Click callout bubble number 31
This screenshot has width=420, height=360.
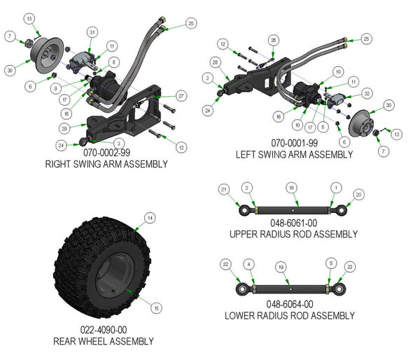(x=92, y=33)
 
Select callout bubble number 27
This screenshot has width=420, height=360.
(x=181, y=96)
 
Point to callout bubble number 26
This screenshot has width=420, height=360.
(x=274, y=39)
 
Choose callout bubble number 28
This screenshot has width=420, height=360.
(x=214, y=63)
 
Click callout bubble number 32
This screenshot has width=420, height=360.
(x=367, y=93)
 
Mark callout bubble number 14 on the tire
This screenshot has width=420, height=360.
(x=148, y=219)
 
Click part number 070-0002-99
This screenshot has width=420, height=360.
(x=106, y=152)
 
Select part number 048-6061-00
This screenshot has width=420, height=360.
(x=293, y=223)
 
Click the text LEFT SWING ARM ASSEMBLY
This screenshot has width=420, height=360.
(x=293, y=155)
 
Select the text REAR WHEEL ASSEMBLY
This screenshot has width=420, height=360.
(x=103, y=341)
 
